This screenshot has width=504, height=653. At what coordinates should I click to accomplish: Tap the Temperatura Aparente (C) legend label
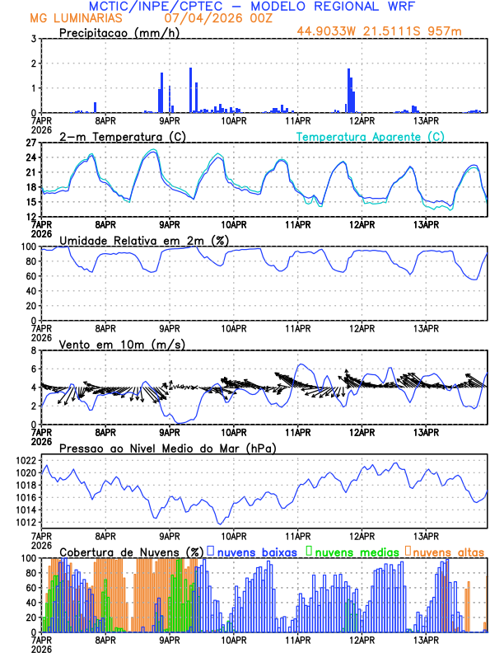(x=371, y=136)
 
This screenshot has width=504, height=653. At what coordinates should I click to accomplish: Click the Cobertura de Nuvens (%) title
(x=131, y=552)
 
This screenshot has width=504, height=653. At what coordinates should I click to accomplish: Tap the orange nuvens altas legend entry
(x=449, y=552)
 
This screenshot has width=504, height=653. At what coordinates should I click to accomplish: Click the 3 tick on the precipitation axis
(x=32, y=39)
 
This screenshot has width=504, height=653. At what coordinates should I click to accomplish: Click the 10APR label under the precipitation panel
(x=234, y=120)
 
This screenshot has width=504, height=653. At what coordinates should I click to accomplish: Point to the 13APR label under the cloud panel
(x=426, y=640)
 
